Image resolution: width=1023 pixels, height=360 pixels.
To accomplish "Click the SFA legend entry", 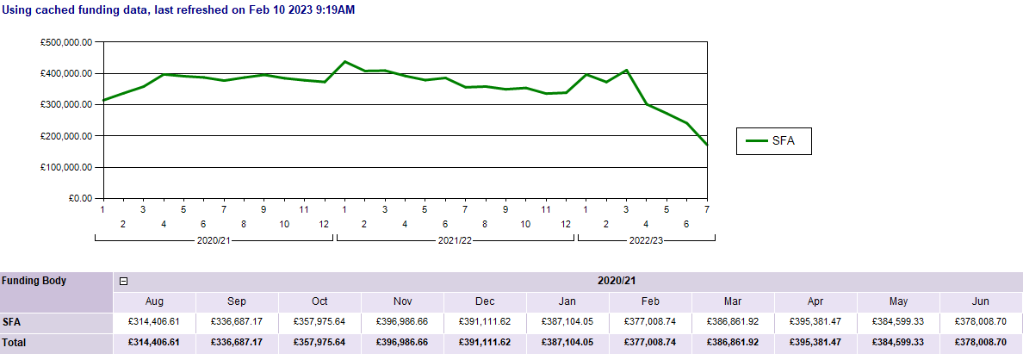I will [x=773, y=140].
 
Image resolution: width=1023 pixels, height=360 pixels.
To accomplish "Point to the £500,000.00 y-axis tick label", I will [x=66, y=42].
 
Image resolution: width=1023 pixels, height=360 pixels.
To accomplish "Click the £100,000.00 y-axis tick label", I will [x=66, y=167].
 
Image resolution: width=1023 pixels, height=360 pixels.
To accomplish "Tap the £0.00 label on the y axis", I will [x=80, y=198].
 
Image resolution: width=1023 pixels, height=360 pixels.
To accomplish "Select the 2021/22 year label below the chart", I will [x=456, y=240].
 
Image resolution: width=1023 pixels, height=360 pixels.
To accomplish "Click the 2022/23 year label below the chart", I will [x=646, y=240].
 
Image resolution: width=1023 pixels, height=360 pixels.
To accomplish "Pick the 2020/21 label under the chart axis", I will [x=214, y=240].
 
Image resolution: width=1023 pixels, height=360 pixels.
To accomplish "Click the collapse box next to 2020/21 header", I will [x=123, y=281].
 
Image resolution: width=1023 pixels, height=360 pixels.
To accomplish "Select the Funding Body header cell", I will [x=34, y=281].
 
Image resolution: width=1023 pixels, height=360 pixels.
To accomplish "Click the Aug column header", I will [x=155, y=301].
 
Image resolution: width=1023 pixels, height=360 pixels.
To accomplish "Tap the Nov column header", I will [x=403, y=301].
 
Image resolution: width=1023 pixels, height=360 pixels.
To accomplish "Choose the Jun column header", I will [x=982, y=301].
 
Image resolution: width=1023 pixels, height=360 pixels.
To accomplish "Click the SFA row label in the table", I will [x=12, y=322].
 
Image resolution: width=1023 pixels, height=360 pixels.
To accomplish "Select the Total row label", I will [x=15, y=342].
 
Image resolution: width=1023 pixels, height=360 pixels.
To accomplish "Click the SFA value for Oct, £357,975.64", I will [x=320, y=322].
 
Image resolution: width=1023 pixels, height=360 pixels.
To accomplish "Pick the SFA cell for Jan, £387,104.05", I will [x=568, y=322].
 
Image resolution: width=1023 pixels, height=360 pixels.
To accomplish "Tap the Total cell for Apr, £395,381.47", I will [x=816, y=342].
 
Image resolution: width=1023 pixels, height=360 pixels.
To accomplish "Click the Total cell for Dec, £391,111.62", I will [x=486, y=342].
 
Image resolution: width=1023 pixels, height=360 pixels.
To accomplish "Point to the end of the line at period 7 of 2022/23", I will [x=707, y=145].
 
